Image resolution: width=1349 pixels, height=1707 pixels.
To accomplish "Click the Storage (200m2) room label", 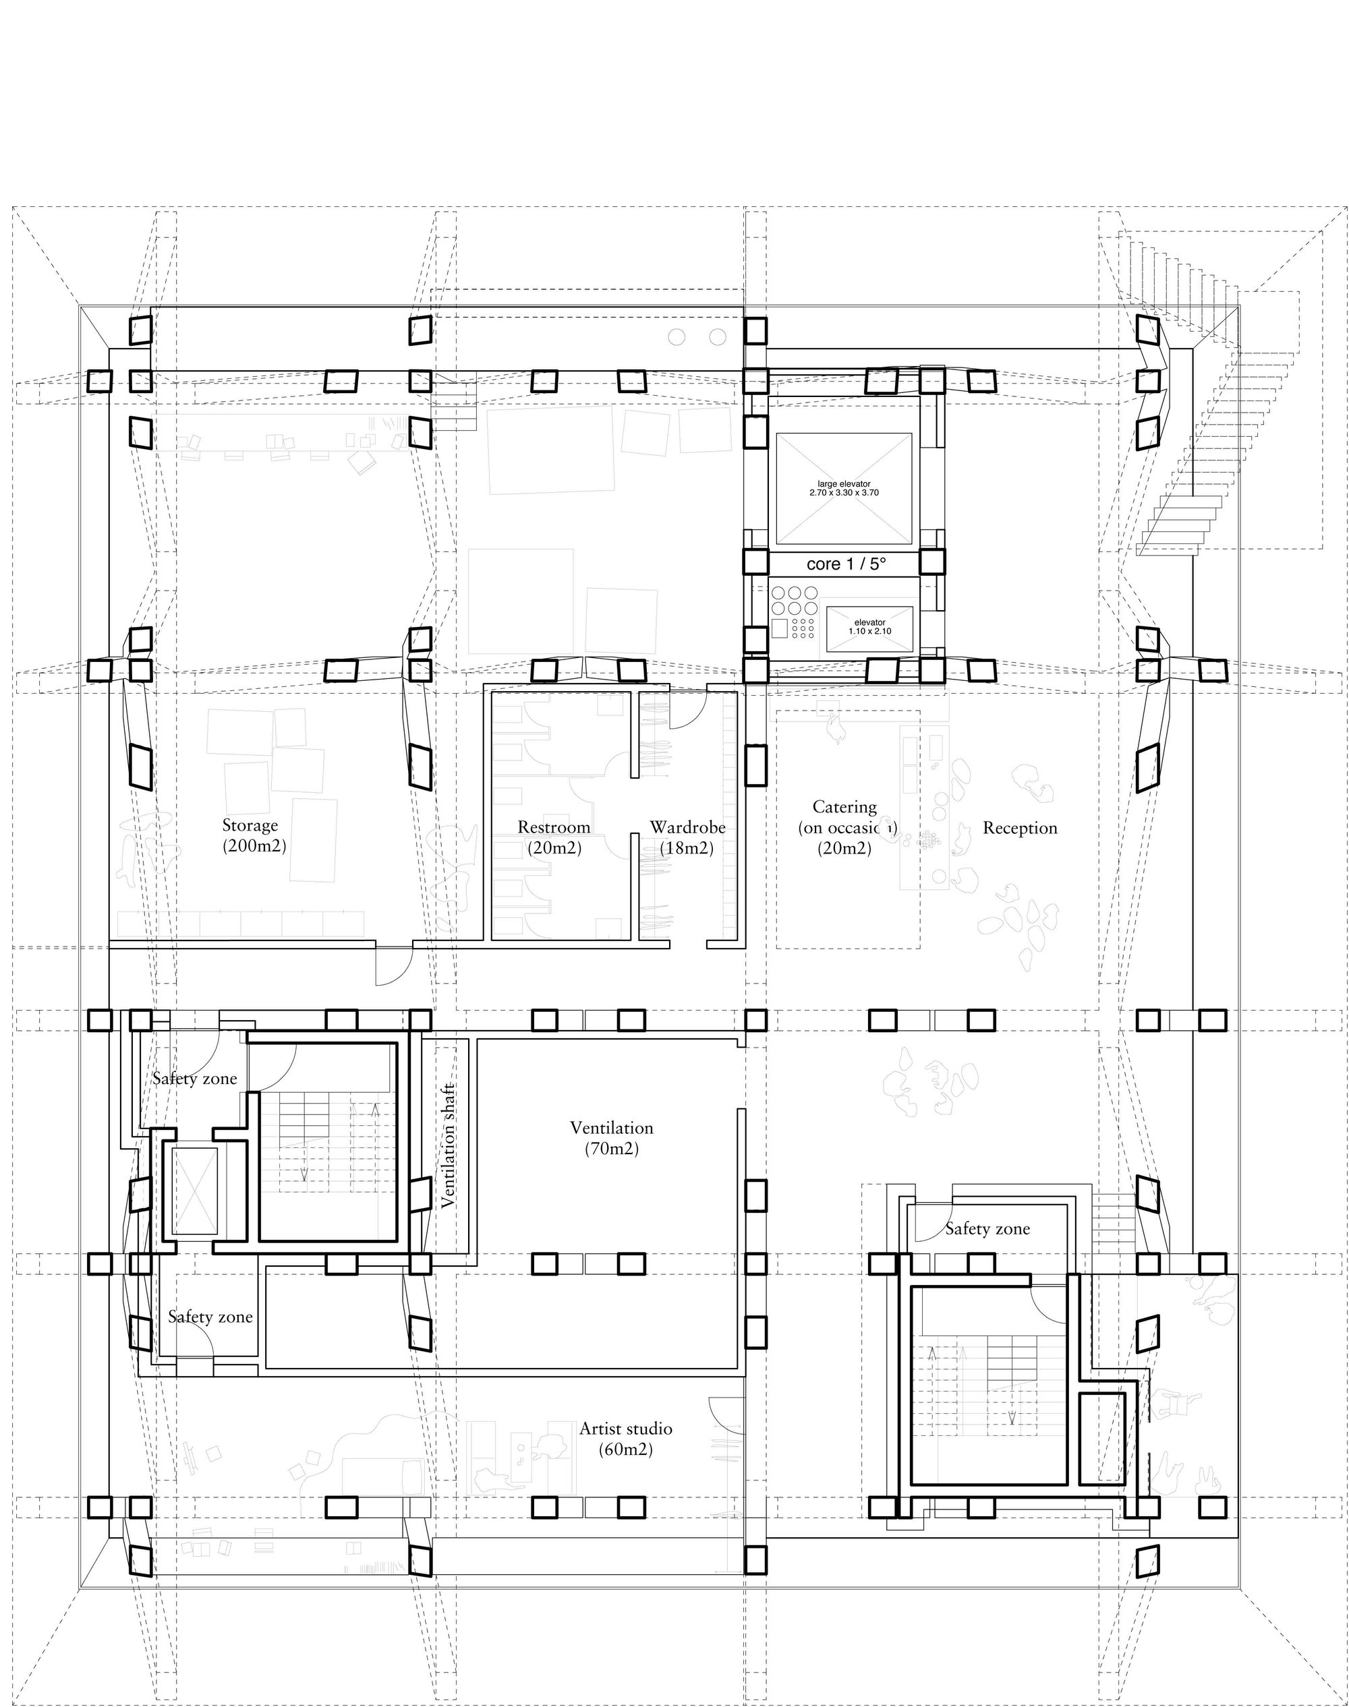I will pos(250,835).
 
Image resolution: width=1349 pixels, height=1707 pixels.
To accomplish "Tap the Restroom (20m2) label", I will pos(554,837).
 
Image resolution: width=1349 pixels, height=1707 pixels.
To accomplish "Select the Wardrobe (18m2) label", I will pos(687,837).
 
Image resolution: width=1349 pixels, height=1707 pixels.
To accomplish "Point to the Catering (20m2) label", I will pos(844,827).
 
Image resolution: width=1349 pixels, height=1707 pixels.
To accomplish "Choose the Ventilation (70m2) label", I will pos(611,1138).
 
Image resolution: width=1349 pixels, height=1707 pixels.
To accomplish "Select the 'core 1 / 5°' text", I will pos(846,564).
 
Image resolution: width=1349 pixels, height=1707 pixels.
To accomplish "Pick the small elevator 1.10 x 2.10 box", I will pos(869,628).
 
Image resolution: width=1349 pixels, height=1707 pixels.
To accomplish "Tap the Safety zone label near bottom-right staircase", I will pos(987,1228).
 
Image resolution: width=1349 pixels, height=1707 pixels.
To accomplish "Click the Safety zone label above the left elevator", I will pos(194,1079).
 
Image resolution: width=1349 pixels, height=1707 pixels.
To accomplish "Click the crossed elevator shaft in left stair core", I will pos(194,1191).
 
